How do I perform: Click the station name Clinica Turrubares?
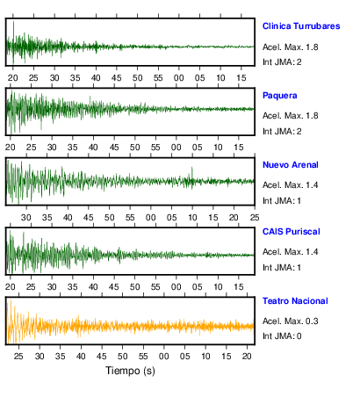301,26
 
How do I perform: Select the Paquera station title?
280,96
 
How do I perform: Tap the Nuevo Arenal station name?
291,165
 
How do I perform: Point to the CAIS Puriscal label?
292,232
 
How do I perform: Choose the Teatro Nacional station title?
295,301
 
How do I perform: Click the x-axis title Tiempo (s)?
130,371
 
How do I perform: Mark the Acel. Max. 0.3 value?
291,321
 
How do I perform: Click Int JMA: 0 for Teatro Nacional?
282,336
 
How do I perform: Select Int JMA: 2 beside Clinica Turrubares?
282,62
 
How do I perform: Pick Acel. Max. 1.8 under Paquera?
291,116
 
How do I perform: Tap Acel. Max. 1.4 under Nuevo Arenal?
291,185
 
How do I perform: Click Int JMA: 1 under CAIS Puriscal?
282,268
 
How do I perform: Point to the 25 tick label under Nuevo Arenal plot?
255,218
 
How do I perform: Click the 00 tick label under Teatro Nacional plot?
164,357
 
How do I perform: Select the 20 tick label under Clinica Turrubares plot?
13,78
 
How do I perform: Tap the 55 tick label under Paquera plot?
155,148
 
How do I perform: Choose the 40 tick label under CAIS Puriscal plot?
93,287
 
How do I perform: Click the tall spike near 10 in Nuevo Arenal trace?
192,174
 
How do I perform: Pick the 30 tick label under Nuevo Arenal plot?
26,218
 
